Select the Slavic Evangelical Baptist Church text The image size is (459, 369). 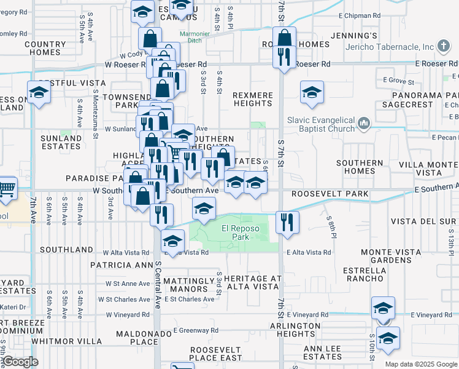(321, 124)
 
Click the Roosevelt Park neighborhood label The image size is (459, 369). (330, 194)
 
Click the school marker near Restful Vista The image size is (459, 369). (39, 93)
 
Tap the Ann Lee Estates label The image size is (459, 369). (322, 352)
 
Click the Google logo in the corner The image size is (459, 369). (20, 362)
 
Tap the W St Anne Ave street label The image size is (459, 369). (127, 284)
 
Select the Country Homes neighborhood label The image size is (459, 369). (45, 49)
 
